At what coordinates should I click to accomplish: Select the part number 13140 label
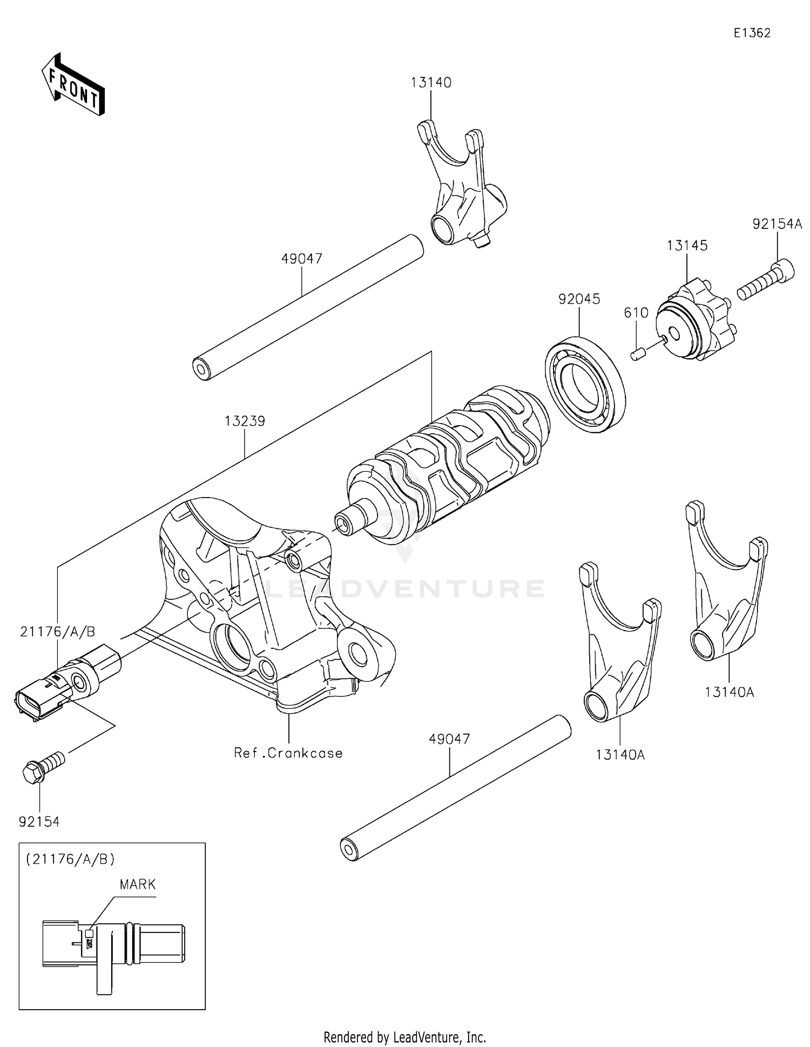[x=430, y=83]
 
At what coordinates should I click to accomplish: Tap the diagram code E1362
[x=752, y=33]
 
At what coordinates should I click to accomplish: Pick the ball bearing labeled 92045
[x=585, y=384]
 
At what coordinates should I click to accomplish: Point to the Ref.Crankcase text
[x=288, y=753]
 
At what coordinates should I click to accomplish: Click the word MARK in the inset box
[x=138, y=884]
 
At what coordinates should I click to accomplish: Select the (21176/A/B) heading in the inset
[x=70, y=859]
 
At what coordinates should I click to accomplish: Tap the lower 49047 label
[x=449, y=739]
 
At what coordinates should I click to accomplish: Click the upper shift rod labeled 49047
[x=308, y=307]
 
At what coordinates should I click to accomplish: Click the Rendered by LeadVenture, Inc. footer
[x=404, y=1037]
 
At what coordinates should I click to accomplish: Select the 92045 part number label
[x=579, y=299]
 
